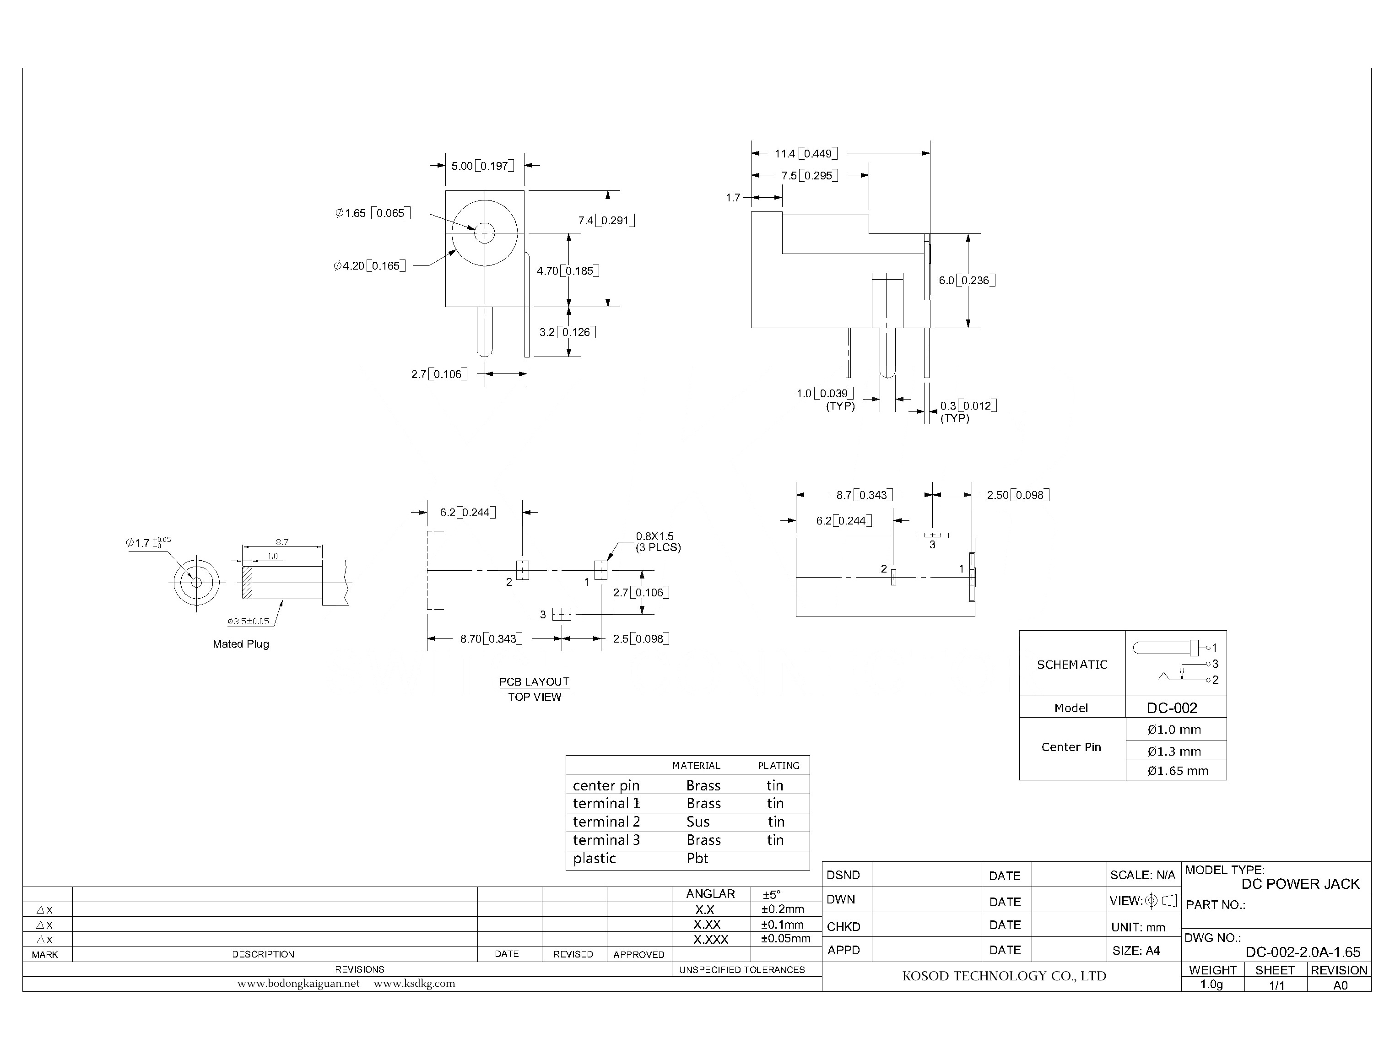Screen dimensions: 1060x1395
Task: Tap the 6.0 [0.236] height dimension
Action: (967, 280)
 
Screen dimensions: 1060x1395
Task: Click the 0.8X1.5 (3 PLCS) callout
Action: (657, 541)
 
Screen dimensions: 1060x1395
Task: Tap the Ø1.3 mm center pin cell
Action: (1174, 751)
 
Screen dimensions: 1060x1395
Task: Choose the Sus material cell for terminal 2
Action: (698, 822)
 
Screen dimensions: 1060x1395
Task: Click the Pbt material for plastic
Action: (697, 858)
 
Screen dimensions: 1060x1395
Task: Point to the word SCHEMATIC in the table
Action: (1072, 665)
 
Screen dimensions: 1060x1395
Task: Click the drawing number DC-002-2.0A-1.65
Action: (1302, 952)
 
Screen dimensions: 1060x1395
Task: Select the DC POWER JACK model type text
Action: (1300, 884)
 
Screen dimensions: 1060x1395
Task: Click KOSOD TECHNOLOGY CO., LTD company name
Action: (1004, 976)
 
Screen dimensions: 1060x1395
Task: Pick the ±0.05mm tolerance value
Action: (785, 938)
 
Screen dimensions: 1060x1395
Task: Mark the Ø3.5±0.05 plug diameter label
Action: (249, 622)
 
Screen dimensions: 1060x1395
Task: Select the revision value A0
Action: (1340, 985)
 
